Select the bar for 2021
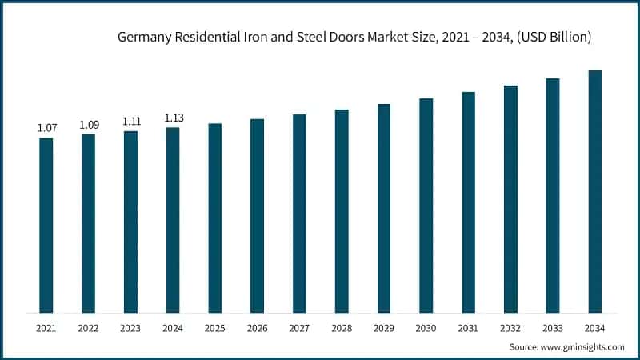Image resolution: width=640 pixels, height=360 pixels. pyautogui.click(x=46, y=225)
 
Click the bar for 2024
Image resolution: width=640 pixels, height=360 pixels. pyautogui.click(x=173, y=220)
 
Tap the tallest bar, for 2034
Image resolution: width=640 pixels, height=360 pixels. pyautogui.click(x=595, y=191)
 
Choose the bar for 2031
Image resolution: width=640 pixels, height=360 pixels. pyautogui.click(x=468, y=202)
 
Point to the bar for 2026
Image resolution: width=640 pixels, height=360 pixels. pyautogui.click(x=257, y=215)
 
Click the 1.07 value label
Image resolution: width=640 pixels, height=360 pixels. pyautogui.click(x=46, y=128)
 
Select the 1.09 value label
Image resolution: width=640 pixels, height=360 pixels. pyautogui.click(x=89, y=125)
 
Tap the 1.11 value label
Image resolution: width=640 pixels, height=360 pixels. pyautogui.click(x=130, y=121)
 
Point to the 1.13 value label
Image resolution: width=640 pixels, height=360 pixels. pyautogui.click(x=173, y=118)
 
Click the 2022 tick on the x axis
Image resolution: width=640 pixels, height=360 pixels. pyautogui.click(x=89, y=328)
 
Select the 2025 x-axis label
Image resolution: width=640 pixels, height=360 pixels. pyautogui.click(x=215, y=328)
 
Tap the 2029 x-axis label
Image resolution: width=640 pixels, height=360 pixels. pyautogui.click(x=384, y=328)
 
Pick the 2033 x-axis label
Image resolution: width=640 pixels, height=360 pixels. pyautogui.click(x=553, y=328)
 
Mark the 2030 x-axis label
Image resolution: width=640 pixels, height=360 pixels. pyautogui.click(x=426, y=328)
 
